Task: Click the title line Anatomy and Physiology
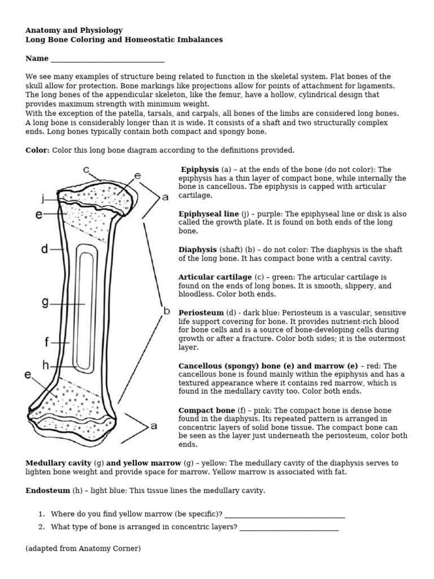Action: coord(74,30)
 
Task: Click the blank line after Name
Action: coord(107,59)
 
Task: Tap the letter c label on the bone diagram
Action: coord(86,169)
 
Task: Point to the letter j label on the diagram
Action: coord(42,198)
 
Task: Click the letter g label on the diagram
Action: coord(45,303)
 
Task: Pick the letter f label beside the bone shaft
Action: coord(47,342)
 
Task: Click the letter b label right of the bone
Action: coord(167,311)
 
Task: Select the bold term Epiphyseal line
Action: coord(209,214)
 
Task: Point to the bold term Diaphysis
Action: coord(197,249)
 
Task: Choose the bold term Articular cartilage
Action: coord(215,277)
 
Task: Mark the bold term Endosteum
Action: coord(48,491)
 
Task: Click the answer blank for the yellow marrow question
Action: coord(285,515)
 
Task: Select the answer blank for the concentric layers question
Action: coord(289,528)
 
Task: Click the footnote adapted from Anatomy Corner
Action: coord(83,549)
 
